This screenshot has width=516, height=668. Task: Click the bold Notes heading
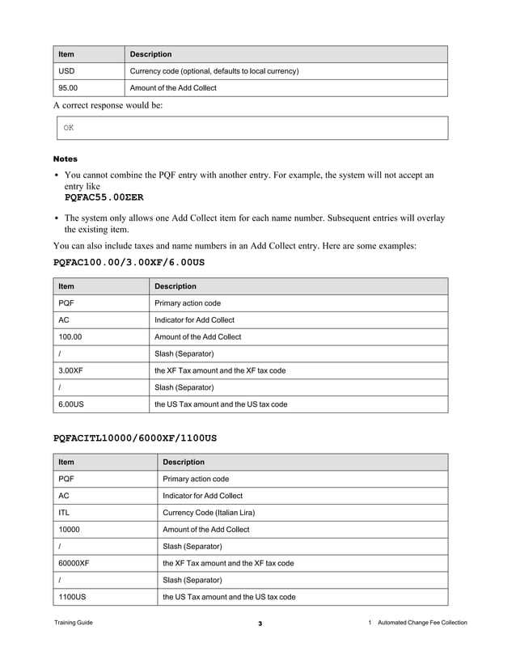[x=66, y=159]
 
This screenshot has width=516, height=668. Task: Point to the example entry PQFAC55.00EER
[x=104, y=197]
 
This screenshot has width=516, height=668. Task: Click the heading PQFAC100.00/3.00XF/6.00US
[x=129, y=263]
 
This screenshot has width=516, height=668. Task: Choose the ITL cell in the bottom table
[x=65, y=512]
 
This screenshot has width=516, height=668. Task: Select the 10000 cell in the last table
[x=69, y=529]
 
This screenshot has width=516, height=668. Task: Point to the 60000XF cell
[x=74, y=563]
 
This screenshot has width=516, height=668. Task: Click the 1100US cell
[x=71, y=597]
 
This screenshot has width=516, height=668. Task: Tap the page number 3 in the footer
[x=260, y=624]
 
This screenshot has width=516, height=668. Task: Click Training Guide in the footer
[x=74, y=623]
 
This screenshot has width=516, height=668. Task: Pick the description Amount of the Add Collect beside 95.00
[x=173, y=88]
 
